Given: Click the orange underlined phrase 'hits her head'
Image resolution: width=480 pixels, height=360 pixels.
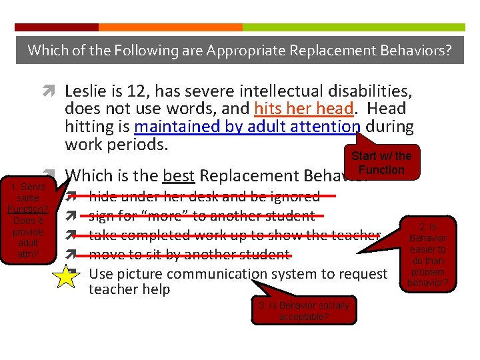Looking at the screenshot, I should [x=303, y=108].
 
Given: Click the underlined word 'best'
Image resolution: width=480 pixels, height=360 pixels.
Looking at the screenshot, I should [x=179, y=176].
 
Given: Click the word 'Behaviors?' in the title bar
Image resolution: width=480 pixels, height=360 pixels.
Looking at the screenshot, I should [x=418, y=49].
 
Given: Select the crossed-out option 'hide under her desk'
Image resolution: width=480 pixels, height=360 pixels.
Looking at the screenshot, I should [x=204, y=197].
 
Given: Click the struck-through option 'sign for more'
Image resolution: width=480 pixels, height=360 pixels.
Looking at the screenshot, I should [x=201, y=216].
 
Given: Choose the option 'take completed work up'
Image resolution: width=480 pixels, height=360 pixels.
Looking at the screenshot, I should [x=233, y=235].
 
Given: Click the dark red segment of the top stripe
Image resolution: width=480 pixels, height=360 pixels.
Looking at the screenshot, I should [x=57, y=27].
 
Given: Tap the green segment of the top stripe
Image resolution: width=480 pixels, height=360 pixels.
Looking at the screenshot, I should [x=353, y=27].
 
